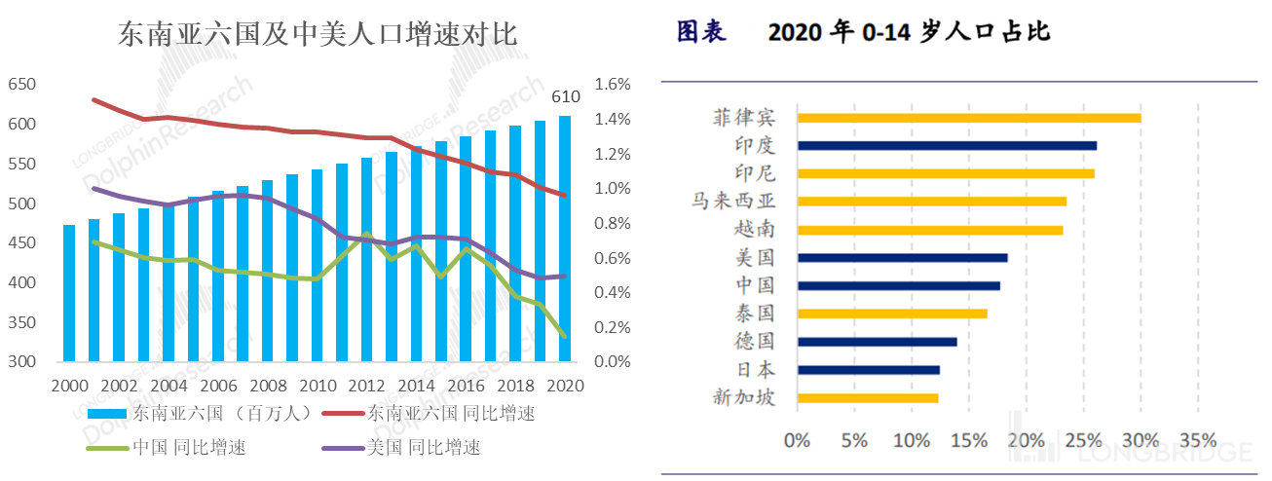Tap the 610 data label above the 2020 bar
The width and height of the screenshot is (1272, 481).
pyautogui.click(x=567, y=96)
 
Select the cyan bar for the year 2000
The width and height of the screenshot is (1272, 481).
pyautogui.click(x=69, y=293)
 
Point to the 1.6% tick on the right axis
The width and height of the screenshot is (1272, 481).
pyautogui.click(x=613, y=85)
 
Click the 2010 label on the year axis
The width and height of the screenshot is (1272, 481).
pyautogui.click(x=320, y=385)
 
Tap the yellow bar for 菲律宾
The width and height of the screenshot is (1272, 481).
pyautogui.click(x=968, y=118)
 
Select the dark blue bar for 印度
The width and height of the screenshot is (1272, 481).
pyautogui.click(x=946, y=146)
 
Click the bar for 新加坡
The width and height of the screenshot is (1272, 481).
pyautogui.click(x=867, y=397)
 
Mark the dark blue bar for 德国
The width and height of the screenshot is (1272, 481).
pyautogui.click(x=877, y=342)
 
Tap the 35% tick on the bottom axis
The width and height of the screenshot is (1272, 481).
pyautogui.click(x=1197, y=439)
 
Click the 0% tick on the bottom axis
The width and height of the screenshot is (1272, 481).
pyautogui.click(x=797, y=439)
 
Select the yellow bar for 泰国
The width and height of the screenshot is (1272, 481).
pyautogui.click(x=891, y=314)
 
